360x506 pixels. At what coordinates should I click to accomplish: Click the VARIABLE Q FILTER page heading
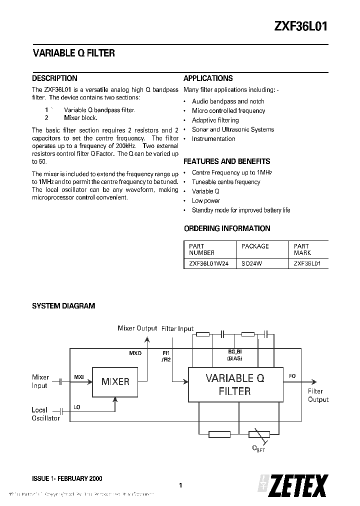click(73, 53)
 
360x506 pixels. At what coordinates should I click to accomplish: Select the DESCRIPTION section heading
click(54, 78)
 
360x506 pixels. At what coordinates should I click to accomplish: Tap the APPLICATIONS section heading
click(208, 78)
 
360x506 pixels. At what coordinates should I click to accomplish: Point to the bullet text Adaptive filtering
click(215, 120)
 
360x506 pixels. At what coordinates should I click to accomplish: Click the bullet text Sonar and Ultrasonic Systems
click(233, 129)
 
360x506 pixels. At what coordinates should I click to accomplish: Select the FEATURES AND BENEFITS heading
click(227, 161)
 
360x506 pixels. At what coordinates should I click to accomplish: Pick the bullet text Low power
click(206, 200)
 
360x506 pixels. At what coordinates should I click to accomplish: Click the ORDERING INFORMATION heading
click(227, 228)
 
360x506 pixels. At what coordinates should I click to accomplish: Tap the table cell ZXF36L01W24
click(209, 263)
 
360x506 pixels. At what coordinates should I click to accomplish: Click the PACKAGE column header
click(255, 246)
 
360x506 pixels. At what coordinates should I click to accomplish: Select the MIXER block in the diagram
click(115, 381)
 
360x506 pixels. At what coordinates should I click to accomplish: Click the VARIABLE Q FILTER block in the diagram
click(234, 384)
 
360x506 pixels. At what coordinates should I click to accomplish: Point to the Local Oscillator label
click(45, 414)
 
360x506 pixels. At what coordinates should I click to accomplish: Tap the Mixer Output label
click(137, 328)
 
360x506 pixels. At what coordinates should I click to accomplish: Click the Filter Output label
click(318, 395)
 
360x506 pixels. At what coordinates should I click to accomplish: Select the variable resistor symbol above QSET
click(255, 434)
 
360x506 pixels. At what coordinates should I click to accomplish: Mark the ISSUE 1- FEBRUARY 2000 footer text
click(67, 478)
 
